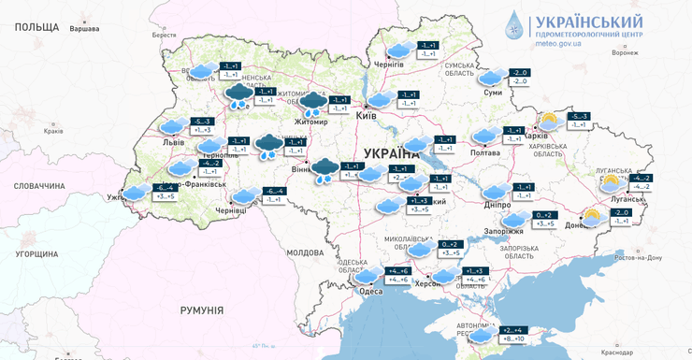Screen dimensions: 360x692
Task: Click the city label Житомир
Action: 311,122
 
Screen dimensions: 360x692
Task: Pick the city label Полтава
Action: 484,152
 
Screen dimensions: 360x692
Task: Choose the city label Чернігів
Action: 388,65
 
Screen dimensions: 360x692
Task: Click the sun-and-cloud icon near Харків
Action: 548,121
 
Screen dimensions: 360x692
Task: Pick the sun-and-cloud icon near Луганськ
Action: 611,182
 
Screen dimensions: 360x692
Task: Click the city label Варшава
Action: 84,29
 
